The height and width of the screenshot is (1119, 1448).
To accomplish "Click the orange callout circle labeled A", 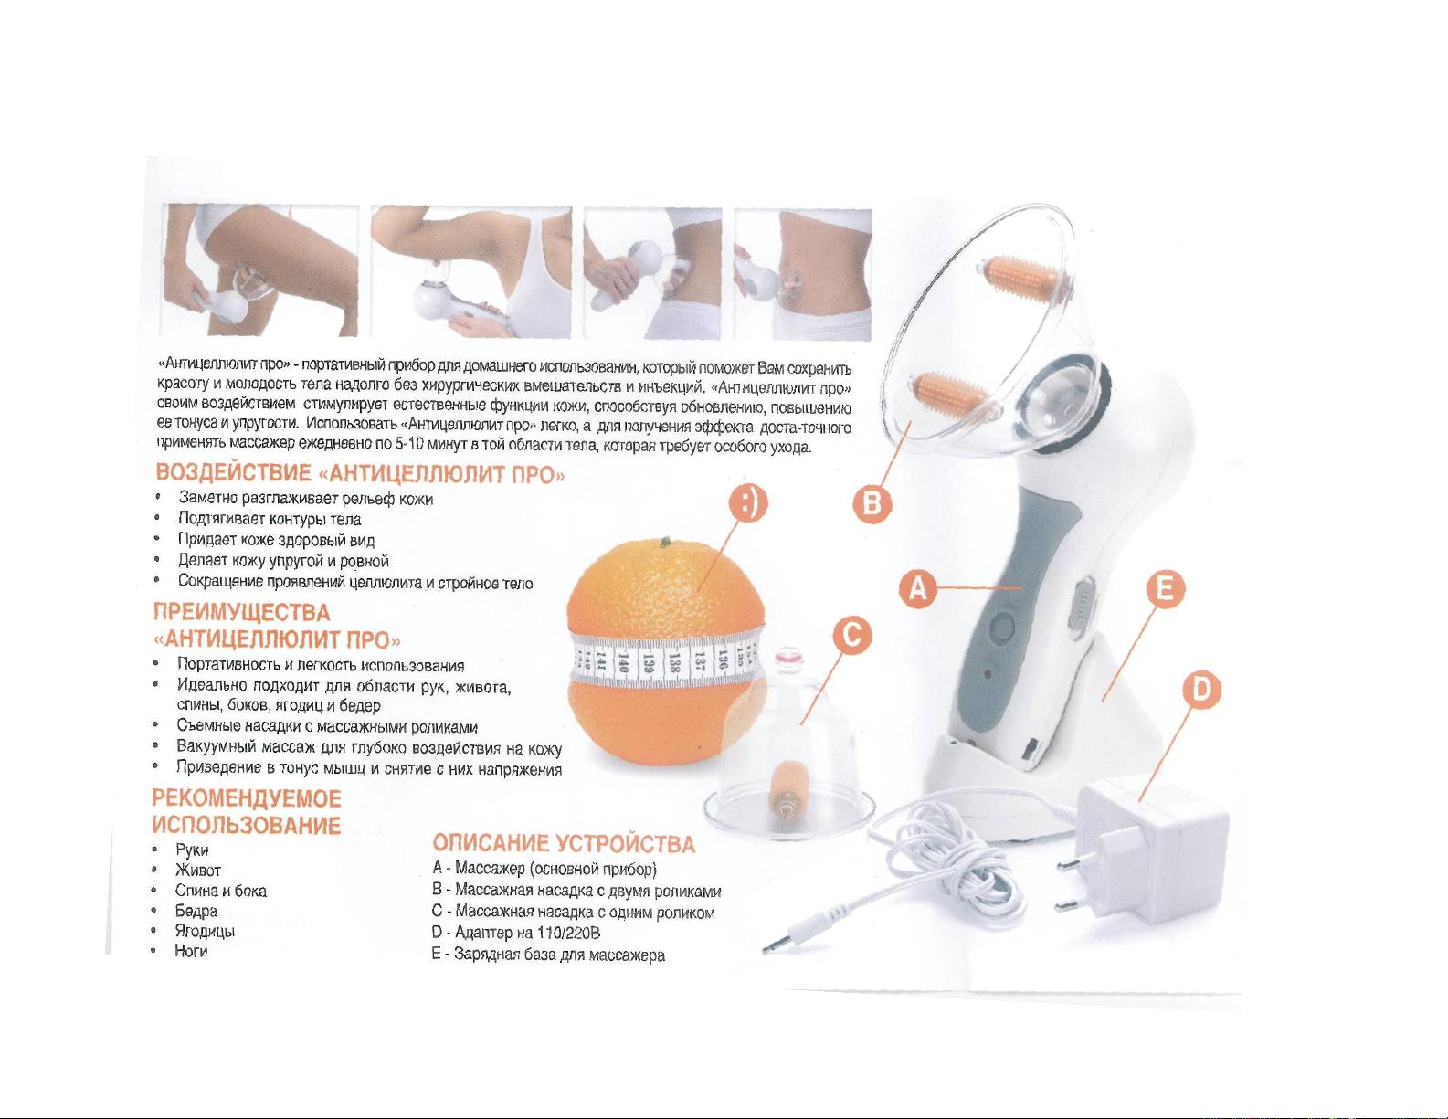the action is coord(918,589).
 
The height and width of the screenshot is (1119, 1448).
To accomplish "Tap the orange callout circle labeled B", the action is coord(872,504).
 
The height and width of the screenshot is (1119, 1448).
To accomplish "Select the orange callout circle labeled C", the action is coord(851,636).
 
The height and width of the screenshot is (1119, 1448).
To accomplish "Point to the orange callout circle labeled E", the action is coord(1164,589).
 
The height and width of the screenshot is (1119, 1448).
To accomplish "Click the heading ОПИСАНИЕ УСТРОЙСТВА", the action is coord(564,844).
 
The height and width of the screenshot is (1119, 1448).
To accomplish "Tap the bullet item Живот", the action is coord(198,870).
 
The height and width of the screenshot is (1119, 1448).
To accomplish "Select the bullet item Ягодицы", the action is coord(205,931).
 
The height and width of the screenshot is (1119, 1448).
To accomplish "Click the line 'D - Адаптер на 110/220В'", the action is coord(516,933).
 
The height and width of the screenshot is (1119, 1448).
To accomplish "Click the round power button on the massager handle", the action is coord(1002,627).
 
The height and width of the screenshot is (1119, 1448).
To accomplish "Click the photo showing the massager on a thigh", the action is coord(259,270).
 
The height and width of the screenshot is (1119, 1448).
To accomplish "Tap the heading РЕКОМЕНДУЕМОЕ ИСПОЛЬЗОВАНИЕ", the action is coord(247,811).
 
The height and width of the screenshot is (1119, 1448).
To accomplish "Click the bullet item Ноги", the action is coord(191,951).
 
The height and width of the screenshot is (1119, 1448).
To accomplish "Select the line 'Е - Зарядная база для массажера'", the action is coord(548,955).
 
